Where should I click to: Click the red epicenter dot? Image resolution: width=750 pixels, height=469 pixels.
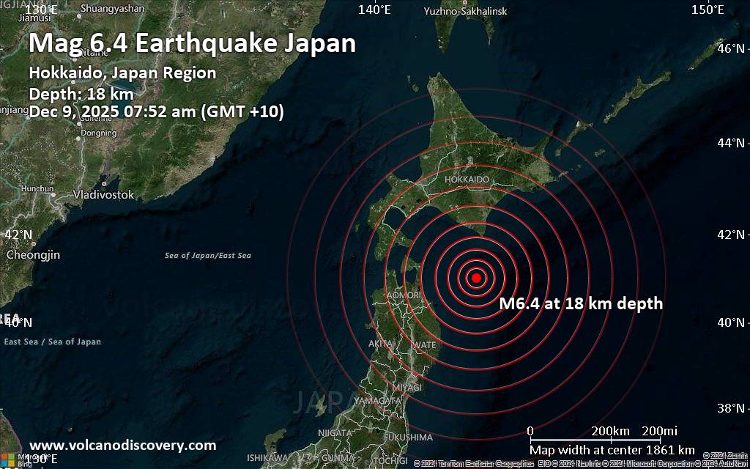coord(476,278)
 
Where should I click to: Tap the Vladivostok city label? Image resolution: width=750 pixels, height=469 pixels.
coord(103,195)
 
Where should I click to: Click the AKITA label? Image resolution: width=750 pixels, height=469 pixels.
coord(381,343)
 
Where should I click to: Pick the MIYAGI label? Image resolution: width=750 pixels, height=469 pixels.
coord(407,387)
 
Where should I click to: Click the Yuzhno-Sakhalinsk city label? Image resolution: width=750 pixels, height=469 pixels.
coord(465,11)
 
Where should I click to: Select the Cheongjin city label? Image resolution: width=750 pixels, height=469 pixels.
coord(33,255)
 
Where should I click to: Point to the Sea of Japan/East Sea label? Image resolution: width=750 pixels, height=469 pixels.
coord(208,256)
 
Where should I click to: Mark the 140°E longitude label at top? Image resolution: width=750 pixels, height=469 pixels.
coord(374,10)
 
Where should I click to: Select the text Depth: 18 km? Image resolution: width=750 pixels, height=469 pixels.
coord(81,93)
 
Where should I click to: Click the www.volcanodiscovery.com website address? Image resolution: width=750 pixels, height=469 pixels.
coord(122,445)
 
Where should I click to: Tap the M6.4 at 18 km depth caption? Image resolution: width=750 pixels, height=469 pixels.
coord(580,303)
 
